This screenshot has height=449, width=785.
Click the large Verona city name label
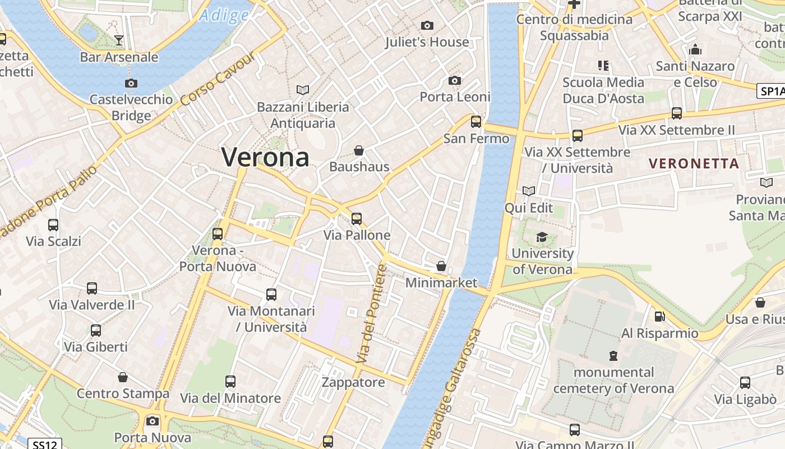pos(265,157)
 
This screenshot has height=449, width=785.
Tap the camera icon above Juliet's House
pos(427,25)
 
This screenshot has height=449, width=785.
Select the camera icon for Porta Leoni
pos(455,81)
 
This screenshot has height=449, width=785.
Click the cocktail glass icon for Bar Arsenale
pos(119,40)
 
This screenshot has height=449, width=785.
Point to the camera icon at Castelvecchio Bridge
pos(131,83)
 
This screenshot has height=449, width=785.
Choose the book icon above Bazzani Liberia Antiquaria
pos(303,90)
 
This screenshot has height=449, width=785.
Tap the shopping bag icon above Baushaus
pos(359,150)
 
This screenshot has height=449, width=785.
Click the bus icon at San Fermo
pos(476,121)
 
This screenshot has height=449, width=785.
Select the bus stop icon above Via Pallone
pos(357,218)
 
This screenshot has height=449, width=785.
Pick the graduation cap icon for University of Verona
pos(542,237)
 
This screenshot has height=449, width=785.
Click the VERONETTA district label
pos(694,164)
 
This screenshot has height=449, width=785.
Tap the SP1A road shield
pos(771,91)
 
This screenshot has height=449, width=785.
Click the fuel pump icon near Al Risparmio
pos(659,316)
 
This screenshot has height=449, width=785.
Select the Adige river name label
pos(224,15)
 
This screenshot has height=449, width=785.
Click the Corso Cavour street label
pos(218,80)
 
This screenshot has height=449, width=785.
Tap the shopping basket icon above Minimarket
pos(441,266)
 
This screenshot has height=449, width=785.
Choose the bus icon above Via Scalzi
pos(53,225)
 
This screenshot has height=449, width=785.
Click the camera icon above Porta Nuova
pos(153,421)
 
